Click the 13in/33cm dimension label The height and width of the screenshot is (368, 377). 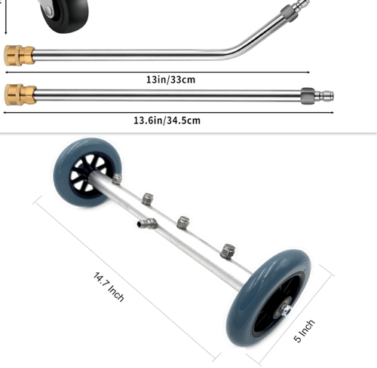pyautogui.click(x=170, y=80)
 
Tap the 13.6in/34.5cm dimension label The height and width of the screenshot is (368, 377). pyautogui.click(x=167, y=120)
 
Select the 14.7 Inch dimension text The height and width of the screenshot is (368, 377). pyautogui.click(x=109, y=287)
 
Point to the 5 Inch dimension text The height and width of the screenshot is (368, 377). pyautogui.click(x=304, y=331)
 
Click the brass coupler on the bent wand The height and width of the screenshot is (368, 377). pyautogui.click(x=19, y=56)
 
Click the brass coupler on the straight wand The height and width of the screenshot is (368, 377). pyautogui.click(x=20, y=94)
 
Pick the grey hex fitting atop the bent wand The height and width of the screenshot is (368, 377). pyautogui.click(x=290, y=13)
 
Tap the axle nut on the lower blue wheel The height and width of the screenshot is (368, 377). pyautogui.click(x=285, y=311)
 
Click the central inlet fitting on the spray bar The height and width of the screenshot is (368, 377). pyautogui.click(x=147, y=223)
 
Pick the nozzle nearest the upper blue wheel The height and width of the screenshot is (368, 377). pyautogui.click(x=117, y=179)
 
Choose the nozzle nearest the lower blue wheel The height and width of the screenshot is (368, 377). pyautogui.click(x=228, y=251)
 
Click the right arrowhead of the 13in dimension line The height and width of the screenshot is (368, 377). pyautogui.click(x=308, y=72)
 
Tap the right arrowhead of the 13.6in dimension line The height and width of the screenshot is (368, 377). pyautogui.click(x=332, y=113)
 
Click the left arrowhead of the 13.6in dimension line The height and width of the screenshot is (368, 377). pyautogui.click(x=5, y=113)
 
